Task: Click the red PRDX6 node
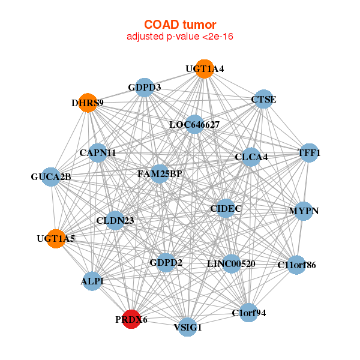(131, 320)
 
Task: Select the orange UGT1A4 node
(205, 69)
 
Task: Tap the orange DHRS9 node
(88, 103)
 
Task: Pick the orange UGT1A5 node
(56, 238)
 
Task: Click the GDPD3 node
(144, 88)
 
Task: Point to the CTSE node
(263, 99)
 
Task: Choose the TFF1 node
(308, 153)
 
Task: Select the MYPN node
(303, 211)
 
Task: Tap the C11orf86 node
(296, 264)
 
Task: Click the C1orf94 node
(248, 313)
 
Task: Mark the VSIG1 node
(188, 327)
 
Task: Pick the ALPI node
(92, 281)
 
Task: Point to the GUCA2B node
(51, 177)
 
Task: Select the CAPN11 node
(97, 153)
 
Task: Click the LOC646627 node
(194, 125)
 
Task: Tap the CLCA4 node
(251, 157)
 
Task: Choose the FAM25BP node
(159, 174)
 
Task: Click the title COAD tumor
(180, 24)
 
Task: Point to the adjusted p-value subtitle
(180, 37)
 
